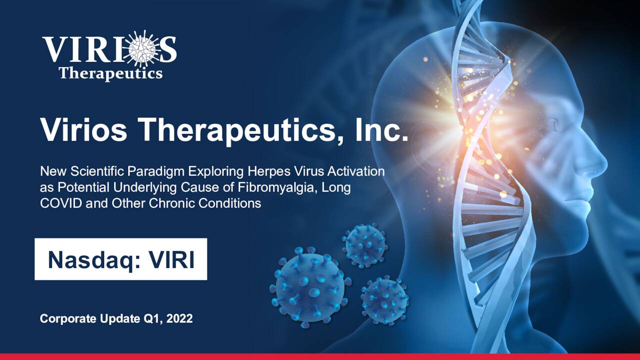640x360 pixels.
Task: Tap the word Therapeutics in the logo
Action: coord(110,73)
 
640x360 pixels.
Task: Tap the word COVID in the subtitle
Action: coord(56,203)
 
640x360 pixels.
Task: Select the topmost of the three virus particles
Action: coord(365,245)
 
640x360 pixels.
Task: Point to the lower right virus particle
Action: coord(384,300)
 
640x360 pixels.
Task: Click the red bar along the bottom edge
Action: coord(320,356)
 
